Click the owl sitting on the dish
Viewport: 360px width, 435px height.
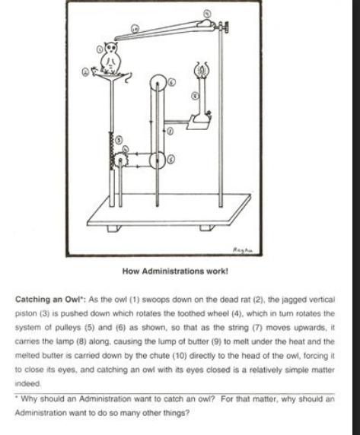click(x=111, y=58)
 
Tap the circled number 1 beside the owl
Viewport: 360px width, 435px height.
click(x=100, y=49)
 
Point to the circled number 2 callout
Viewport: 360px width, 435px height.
click(x=85, y=72)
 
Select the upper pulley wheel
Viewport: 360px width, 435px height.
click(x=158, y=82)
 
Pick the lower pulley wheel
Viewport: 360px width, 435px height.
click(x=158, y=160)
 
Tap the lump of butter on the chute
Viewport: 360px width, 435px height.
click(x=205, y=24)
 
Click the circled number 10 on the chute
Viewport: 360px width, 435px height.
click(x=135, y=29)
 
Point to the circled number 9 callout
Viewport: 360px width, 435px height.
click(x=207, y=14)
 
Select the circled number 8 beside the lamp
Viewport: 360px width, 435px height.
click(x=196, y=96)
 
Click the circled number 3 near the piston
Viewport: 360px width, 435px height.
click(x=119, y=140)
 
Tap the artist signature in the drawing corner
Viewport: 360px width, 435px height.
click(x=243, y=249)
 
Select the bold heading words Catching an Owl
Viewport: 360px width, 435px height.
click(x=51, y=300)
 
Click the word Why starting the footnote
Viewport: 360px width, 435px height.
click(x=30, y=399)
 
